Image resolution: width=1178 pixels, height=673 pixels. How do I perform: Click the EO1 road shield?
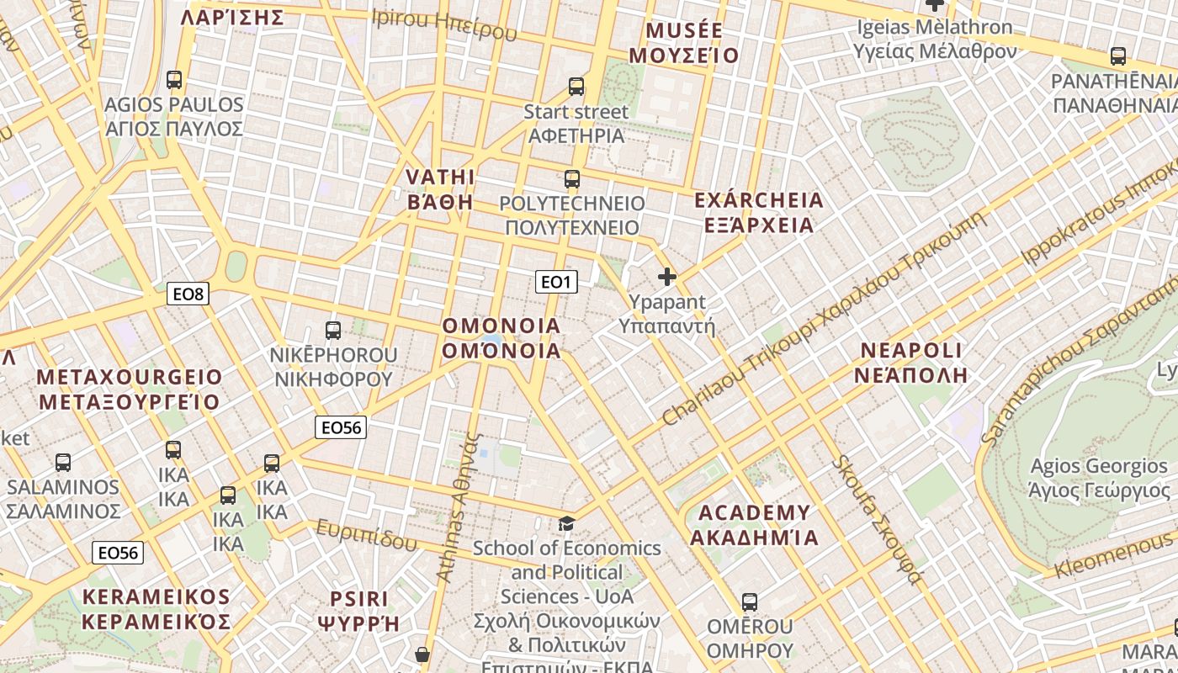[x=556, y=282]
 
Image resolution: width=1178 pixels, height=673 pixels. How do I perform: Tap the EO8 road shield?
[x=188, y=294]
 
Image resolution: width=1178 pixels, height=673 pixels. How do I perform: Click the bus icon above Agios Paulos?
[x=174, y=80]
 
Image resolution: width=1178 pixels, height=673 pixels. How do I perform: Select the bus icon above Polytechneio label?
[x=572, y=178]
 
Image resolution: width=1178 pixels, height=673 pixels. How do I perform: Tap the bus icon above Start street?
[x=576, y=86]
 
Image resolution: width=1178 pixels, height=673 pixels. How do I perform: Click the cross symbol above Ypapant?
[x=667, y=276]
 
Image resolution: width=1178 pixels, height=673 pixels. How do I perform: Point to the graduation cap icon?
[x=567, y=523]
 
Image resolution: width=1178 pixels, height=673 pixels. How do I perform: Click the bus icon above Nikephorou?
[x=333, y=330]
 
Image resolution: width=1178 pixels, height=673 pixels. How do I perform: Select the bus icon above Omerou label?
[x=750, y=601]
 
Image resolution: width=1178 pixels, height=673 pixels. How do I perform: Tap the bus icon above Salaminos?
[x=63, y=462]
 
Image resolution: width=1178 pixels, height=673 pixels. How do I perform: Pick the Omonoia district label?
[x=501, y=338]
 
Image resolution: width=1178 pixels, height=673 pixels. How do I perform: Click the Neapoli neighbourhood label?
[x=911, y=363]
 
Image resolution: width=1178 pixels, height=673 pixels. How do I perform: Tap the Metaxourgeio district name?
[x=130, y=389]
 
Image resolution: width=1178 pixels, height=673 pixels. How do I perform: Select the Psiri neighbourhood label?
[x=358, y=611]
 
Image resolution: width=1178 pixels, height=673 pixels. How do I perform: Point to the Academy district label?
[x=755, y=525]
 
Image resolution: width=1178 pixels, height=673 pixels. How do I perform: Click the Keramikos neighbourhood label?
[x=157, y=609]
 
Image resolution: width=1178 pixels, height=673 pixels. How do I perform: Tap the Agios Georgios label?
[x=1100, y=478]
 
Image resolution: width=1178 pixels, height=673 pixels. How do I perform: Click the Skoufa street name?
[x=878, y=520]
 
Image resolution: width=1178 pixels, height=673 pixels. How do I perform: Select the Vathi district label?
[x=440, y=189]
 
